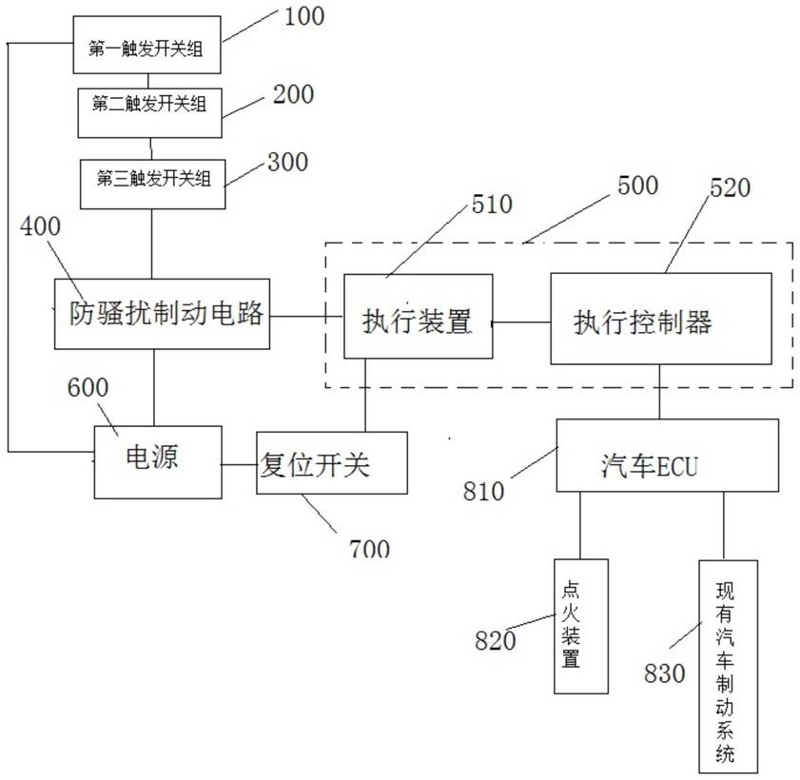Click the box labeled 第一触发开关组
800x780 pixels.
click(146, 45)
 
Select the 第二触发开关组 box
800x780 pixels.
click(149, 113)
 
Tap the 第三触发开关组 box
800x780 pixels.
click(152, 185)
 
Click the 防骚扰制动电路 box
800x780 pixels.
click(163, 314)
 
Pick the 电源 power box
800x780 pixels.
click(158, 462)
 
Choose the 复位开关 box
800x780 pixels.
click(332, 462)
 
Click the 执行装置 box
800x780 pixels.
click(419, 317)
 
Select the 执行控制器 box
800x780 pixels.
click(661, 319)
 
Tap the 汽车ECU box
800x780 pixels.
click(668, 456)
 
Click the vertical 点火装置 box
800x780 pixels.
click(581, 627)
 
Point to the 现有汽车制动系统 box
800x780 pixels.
click(728, 667)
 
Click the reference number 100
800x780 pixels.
click(304, 16)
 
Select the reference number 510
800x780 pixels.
click(492, 205)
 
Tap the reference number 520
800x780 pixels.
click(731, 187)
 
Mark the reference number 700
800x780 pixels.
click(369, 549)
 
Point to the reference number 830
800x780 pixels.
click(664, 673)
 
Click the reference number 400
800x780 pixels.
click(40, 226)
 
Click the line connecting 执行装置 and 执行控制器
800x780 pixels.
click(521, 322)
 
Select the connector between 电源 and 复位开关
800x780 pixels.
click(240, 464)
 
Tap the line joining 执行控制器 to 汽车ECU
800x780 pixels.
click(660, 392)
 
